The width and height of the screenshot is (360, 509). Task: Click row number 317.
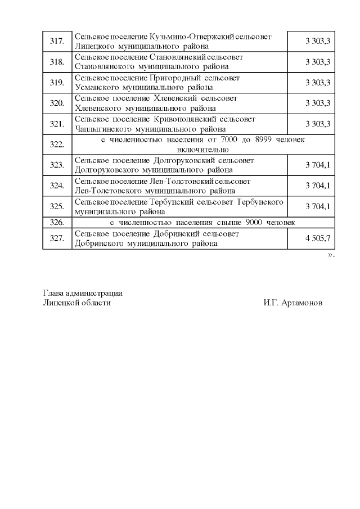point(57,41)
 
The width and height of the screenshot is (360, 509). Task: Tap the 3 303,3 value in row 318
point(318,62)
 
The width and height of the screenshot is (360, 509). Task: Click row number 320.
point(57,103)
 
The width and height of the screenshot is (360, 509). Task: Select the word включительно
point(202,150)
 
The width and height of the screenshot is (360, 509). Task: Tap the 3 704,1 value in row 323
point(318,165)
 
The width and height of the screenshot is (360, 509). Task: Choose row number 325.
point(57,206)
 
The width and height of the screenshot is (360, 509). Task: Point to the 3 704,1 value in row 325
point(318,206)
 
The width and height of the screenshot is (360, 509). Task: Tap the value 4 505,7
point(318,238)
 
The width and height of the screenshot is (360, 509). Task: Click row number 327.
point(57,238)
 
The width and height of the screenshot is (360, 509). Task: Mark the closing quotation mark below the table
point(331,255)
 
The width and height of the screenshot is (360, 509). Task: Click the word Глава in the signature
point(53,293)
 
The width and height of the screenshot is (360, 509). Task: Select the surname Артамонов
point(302,303)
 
